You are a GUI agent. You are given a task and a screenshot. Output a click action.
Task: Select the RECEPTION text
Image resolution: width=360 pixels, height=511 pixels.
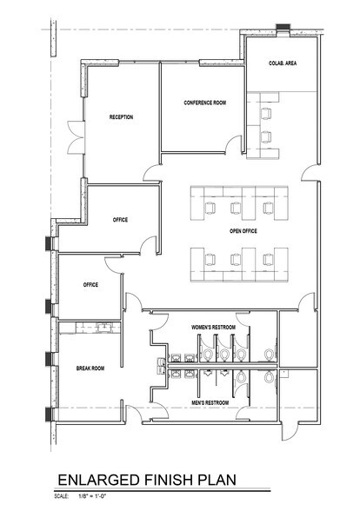tap(121, 117)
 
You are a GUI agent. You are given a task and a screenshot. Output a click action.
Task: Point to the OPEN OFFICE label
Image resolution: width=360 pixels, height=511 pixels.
tap(245, 232)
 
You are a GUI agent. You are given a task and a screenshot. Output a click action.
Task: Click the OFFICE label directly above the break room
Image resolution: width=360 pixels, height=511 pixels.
tap(90, 284)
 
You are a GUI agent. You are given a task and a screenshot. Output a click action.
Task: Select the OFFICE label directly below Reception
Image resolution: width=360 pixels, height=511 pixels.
tap(120, 220)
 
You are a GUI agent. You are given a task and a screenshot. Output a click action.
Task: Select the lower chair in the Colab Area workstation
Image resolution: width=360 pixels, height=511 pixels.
tap(267, 136)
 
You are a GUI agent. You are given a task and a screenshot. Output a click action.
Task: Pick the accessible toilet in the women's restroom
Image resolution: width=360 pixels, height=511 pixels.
tap(270, 352)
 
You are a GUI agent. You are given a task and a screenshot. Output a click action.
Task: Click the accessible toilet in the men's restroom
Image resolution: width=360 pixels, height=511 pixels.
tap(270, 379)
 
